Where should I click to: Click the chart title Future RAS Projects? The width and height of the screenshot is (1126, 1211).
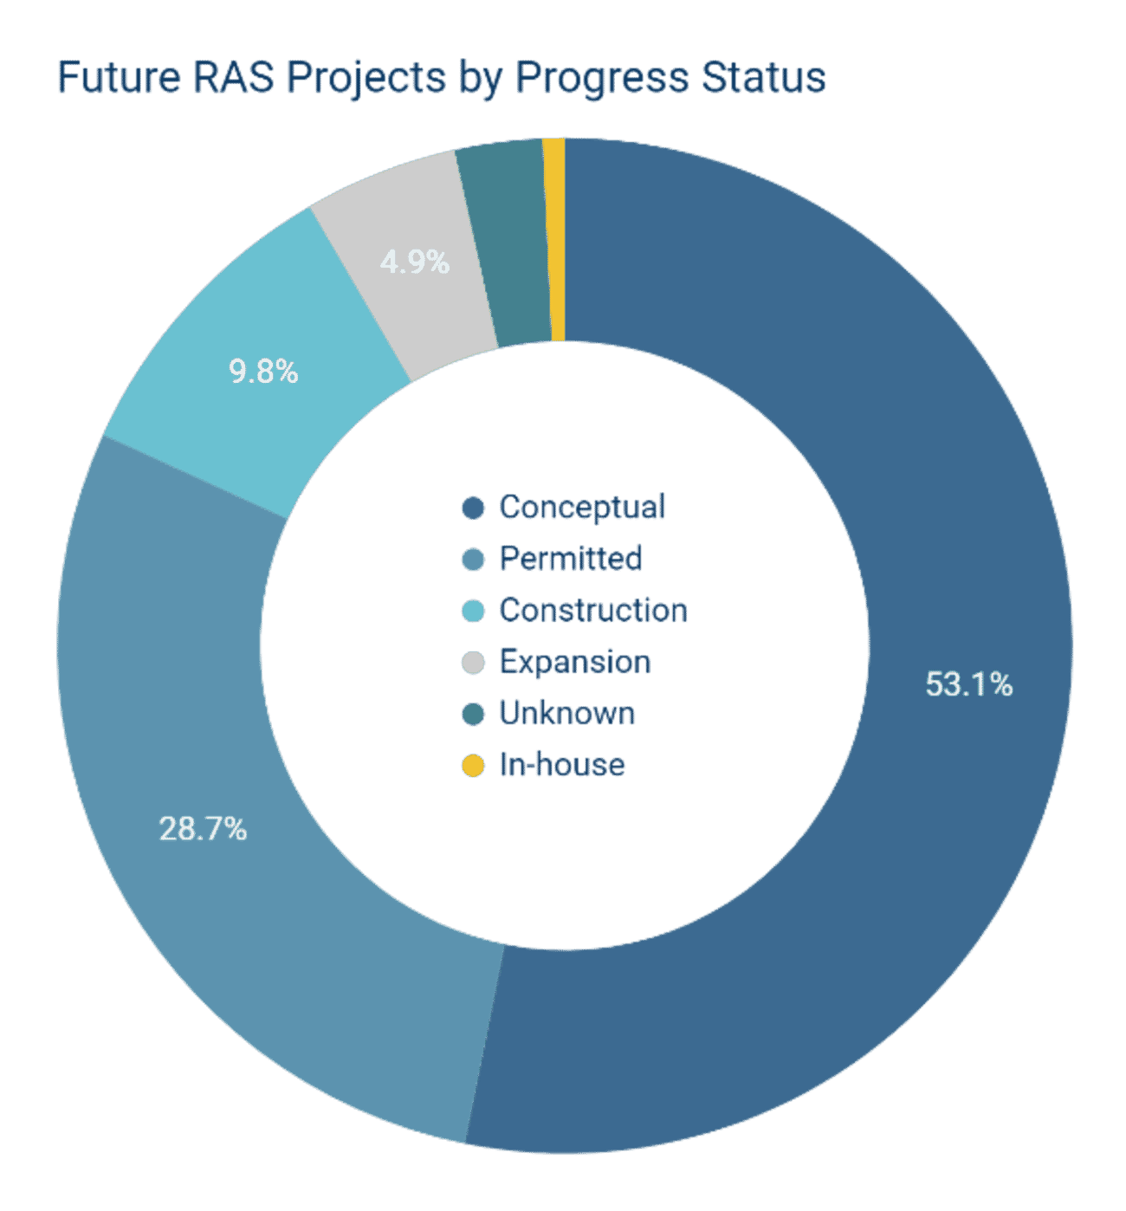(441, 77)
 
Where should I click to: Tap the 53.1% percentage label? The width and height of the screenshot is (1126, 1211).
(968, 685)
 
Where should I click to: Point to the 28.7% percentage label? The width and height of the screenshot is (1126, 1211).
(203, 830)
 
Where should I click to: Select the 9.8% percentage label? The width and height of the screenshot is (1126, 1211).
(263, 372)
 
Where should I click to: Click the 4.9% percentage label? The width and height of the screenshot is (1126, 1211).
(415, 262)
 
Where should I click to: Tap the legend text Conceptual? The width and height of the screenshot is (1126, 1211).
(582, 508)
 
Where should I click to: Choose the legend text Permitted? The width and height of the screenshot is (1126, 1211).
(570, 560)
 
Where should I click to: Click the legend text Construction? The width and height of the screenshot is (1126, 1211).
(593, 611)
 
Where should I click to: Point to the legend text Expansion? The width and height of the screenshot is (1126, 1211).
(575, 663)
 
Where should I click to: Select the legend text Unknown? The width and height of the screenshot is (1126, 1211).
(567, 714)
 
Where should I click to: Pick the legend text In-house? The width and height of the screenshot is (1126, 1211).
(562, 766)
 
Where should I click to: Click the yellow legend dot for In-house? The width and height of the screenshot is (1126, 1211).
(473, 766)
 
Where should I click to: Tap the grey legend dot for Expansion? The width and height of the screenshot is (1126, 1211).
(473, 663)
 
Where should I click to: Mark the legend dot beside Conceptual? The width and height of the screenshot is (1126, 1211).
(473, 508)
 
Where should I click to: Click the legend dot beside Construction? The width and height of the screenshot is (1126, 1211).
(473, 612)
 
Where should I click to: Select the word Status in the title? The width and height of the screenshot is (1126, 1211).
(763, 77)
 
